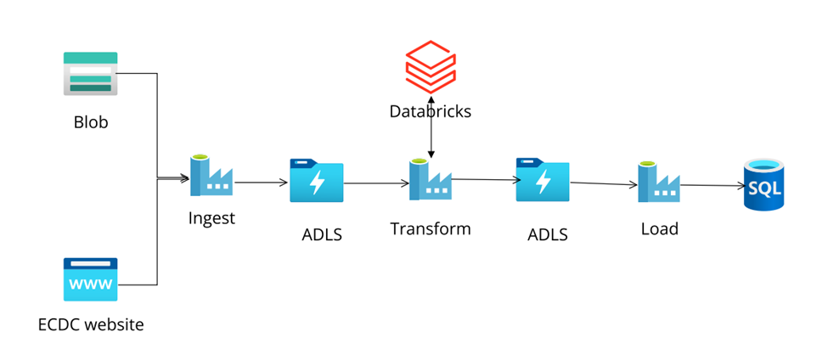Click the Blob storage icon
90,73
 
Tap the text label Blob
91,122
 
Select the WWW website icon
90,279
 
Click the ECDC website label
91,324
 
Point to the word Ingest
211,218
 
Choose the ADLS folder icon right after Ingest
316,180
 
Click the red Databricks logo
431,65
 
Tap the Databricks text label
430,111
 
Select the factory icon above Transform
430,178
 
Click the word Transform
430,228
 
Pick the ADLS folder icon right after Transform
543,180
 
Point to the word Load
660,228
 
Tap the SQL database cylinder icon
763,183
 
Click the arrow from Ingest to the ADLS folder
261,182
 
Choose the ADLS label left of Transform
322,234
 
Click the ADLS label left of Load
547,234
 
